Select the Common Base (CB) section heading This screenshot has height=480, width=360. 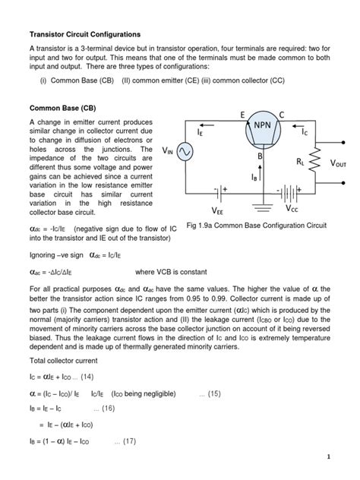tap(59, 108)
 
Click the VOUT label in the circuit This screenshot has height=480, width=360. tap(342, 163)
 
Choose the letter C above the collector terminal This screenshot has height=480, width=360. tap(282, 114)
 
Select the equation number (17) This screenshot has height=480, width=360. tap(125, 441)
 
